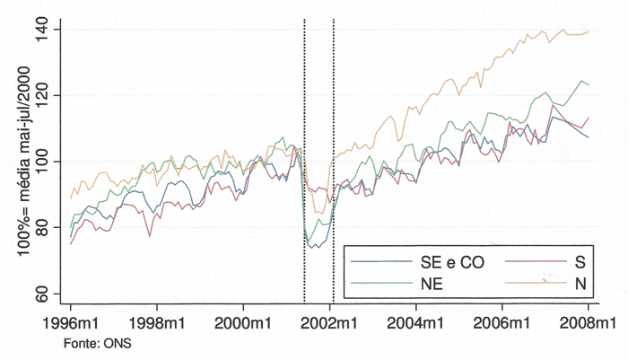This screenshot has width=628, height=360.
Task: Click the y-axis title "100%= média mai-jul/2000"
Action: coord(20,162)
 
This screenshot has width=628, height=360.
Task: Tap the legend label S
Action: coord(580,261)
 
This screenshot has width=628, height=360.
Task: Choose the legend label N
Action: coord(580,282)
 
